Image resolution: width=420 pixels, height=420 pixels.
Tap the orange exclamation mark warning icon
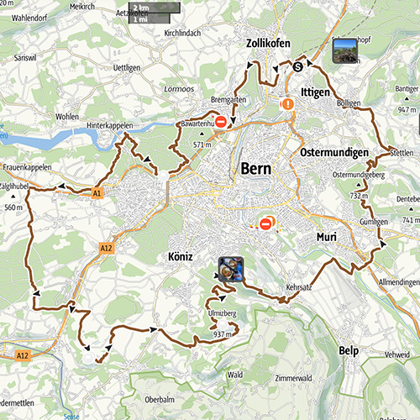point(288,105)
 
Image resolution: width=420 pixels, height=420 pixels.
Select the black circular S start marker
point(297,68)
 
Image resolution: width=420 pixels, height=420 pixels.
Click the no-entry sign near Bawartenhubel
point(221,123)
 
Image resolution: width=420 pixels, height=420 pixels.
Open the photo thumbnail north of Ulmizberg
point(230,268)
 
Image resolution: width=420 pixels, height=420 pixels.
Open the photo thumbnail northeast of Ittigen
point(346,51)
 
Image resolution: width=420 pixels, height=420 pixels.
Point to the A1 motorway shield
point(97,192)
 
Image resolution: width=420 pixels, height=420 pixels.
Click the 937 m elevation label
point(223,334)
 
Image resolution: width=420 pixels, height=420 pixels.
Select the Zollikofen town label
point(270,44)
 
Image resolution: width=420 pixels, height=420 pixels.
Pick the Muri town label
point(326,238)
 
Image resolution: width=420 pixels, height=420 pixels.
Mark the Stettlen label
point(403,153)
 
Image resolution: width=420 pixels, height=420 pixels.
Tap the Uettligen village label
point(124,66)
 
